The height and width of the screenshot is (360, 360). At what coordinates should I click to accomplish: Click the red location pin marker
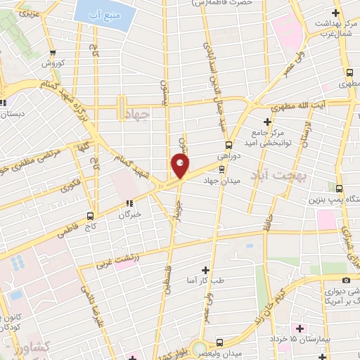click(x=180, y=166)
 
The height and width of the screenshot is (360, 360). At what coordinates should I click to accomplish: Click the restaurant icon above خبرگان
click(x=128, y=204)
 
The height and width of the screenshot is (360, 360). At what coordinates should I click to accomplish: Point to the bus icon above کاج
click(x=91, y=216)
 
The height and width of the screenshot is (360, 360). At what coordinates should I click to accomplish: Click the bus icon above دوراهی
click(x=219, y=146)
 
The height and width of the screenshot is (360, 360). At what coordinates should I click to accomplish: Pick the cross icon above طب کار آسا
click(x=205, y=269)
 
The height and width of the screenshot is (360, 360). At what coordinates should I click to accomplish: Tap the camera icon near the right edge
click(x=346, y=281)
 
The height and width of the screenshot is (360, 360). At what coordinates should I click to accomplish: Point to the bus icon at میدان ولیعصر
click(x=219, y=342)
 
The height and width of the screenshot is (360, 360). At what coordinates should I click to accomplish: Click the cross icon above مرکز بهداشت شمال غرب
click(x=336, y=11)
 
